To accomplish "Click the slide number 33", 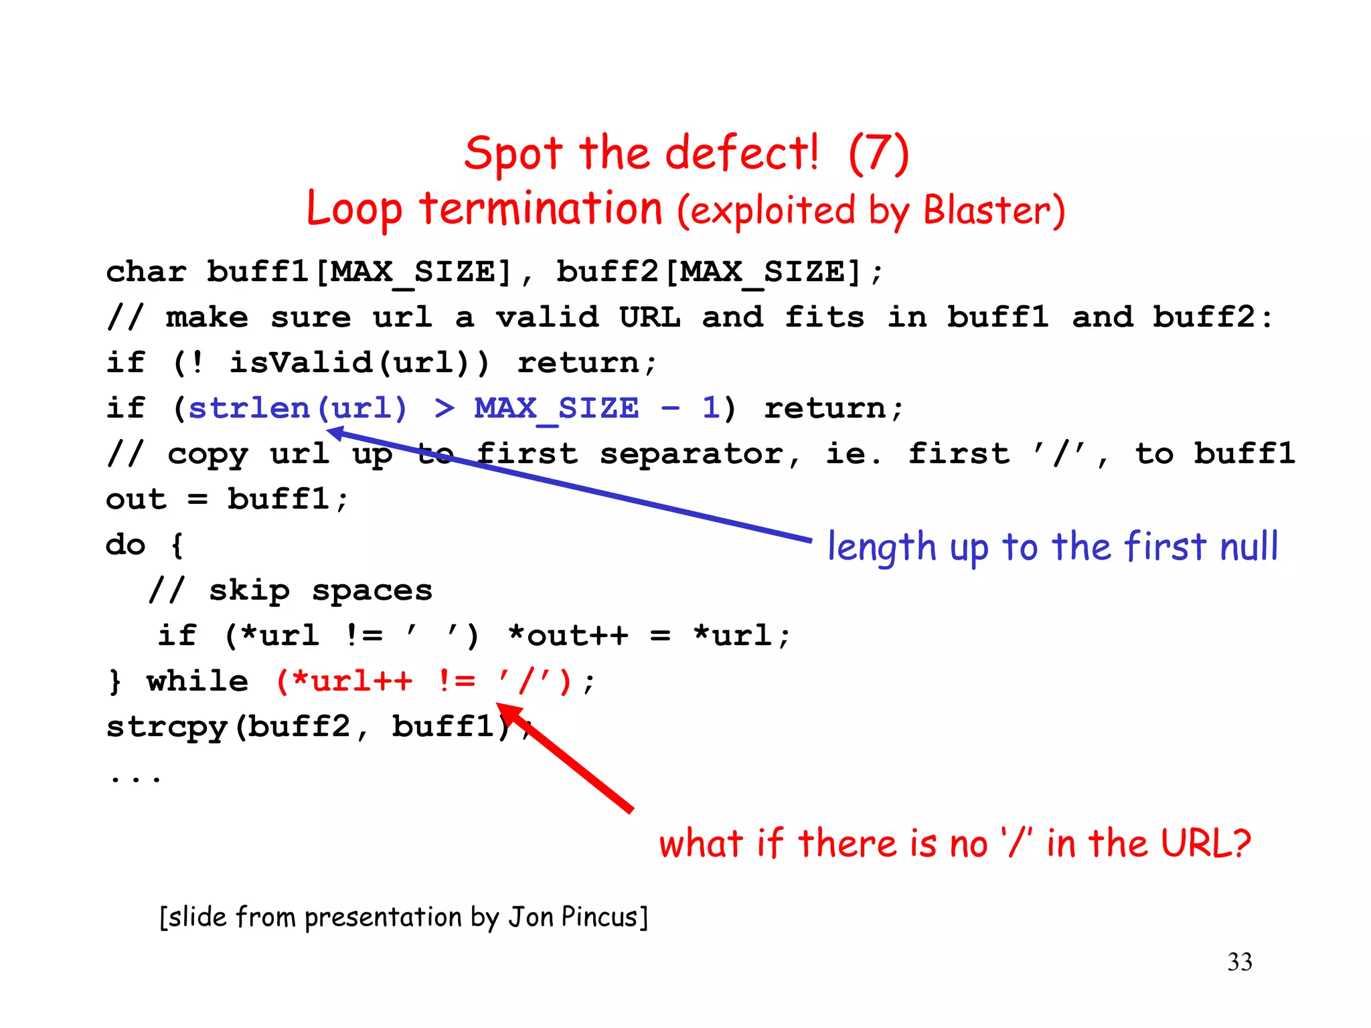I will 1239,962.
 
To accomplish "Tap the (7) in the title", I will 878,153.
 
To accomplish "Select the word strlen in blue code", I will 248,408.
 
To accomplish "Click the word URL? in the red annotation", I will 1205,843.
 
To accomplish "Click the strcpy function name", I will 167,727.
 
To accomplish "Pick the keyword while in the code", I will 197,681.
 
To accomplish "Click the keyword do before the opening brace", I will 125,544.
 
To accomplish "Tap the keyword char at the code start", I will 146,272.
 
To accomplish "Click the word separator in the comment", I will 691,454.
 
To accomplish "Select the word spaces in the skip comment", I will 372,590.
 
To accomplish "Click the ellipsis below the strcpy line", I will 136,778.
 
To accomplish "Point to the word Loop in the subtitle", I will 354,209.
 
